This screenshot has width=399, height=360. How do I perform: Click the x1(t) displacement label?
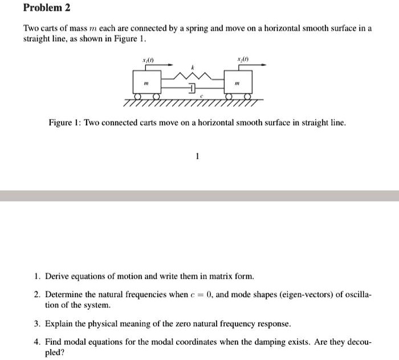pos(147,58)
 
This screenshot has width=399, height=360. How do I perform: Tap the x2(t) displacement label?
pos(242,58)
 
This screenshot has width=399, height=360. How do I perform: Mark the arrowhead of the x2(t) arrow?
pos(264,64)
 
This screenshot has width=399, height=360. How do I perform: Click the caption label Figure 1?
pos(65,123)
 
